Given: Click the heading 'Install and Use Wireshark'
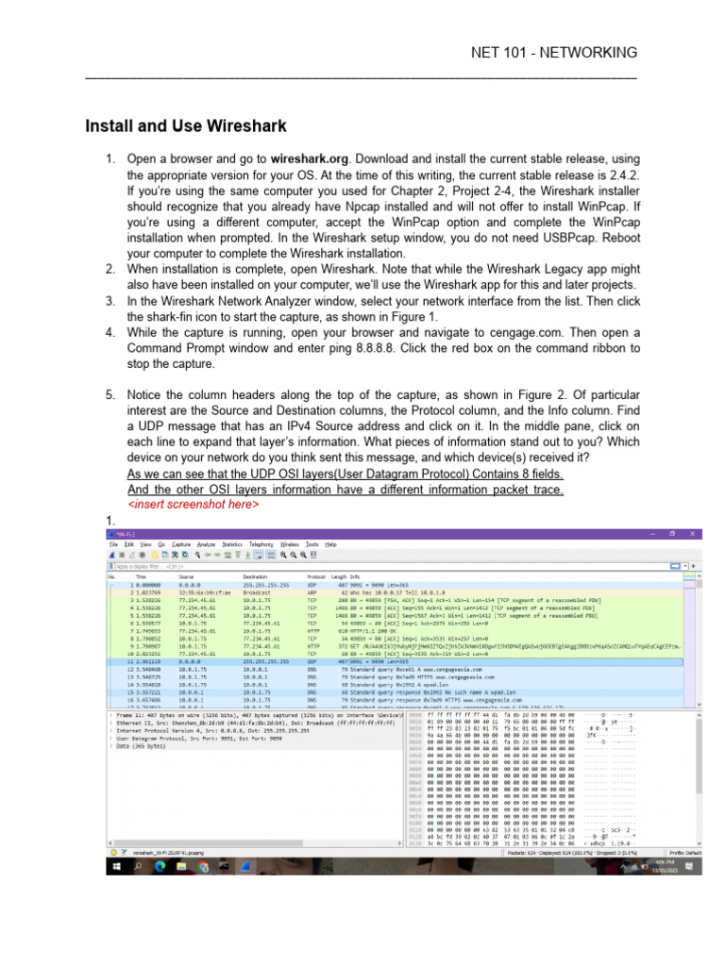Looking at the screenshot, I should click(186, 125).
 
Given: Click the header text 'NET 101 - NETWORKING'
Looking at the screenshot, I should click(553, 51).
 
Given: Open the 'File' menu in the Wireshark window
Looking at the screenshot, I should click(112, 544).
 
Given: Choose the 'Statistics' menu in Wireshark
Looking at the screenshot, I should click(232, 544).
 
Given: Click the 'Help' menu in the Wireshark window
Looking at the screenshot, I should click(330, 544).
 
